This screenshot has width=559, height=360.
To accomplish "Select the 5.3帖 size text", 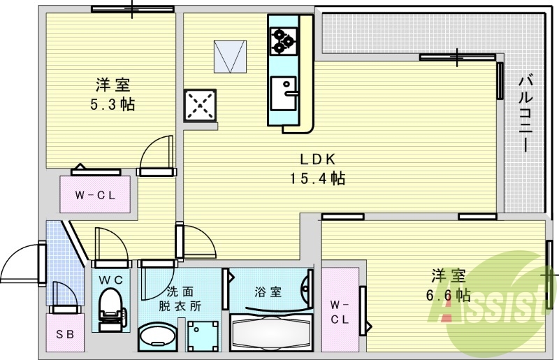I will click(x=112, y=105).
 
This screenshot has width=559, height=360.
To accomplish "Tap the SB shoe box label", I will click(x=65, y=333).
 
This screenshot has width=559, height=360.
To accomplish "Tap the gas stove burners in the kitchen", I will click(x=283, y=40).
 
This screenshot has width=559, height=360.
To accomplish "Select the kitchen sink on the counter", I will click(x=285, y=92).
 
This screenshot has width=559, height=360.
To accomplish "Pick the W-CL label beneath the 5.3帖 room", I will click(x=95, y=195).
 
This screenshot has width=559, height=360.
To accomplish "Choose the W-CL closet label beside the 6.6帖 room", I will click(x=339, y=312).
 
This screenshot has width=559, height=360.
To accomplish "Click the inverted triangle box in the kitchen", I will click(x=231, y=57).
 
